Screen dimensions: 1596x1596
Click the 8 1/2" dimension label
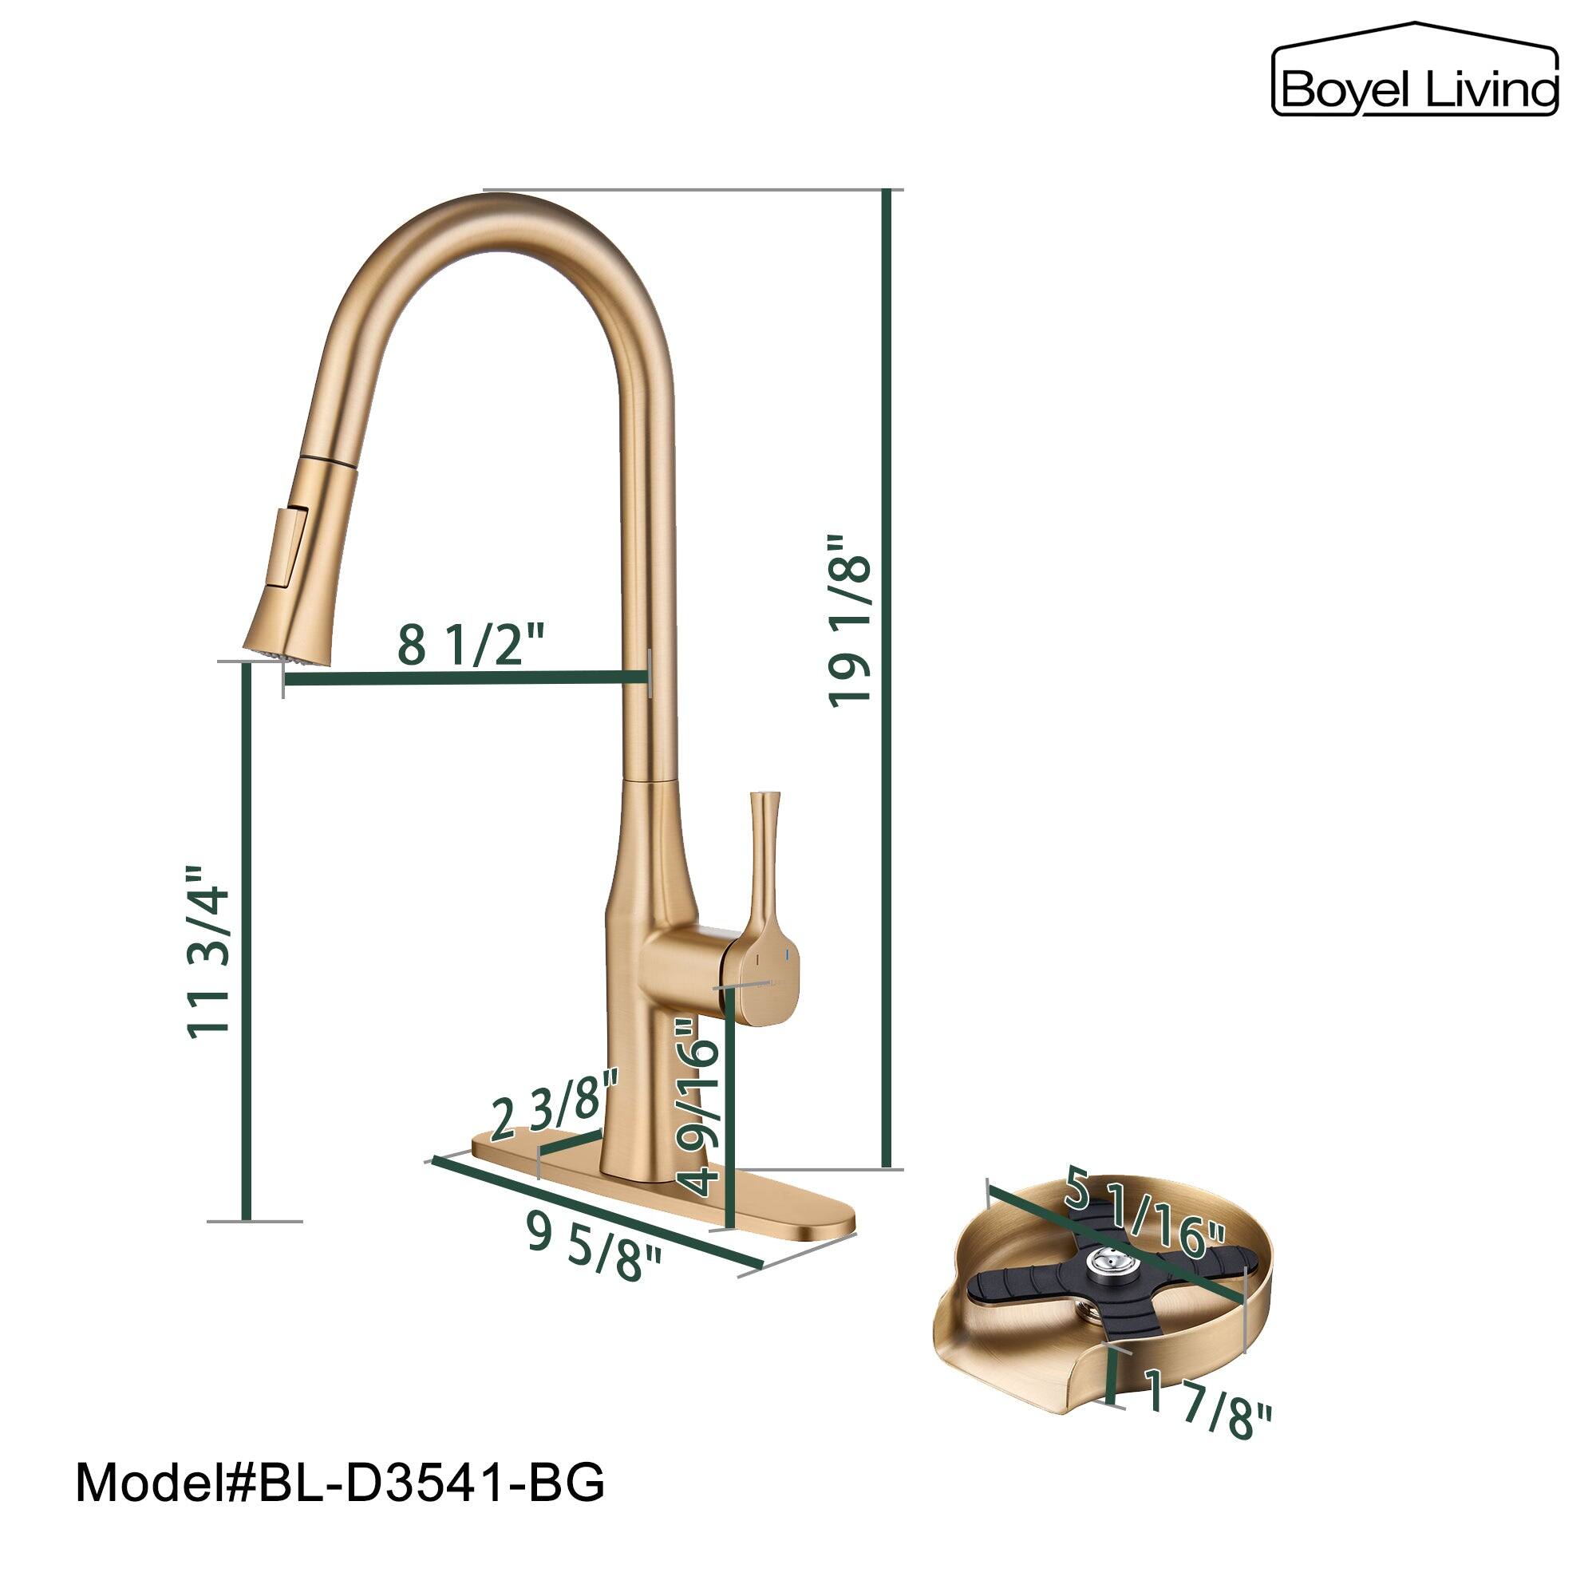point(472,645)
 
